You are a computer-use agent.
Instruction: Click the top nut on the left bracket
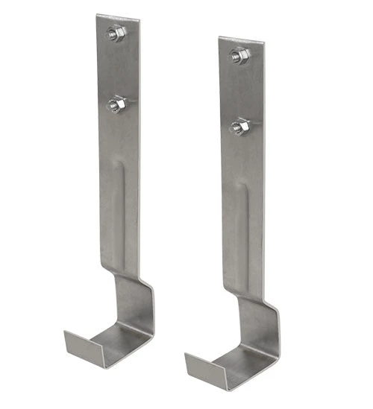(x=116, y=32)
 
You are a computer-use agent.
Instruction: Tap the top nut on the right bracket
(x=239, y=54)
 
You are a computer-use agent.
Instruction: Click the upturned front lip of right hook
(x=202, y=365)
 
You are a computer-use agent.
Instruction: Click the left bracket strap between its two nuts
(x=117, y=69)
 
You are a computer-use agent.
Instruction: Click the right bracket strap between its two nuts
(x=239, y=91)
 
